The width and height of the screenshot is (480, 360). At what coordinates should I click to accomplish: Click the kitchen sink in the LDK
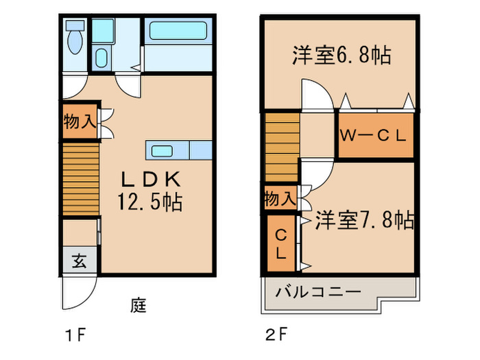pos(163,151)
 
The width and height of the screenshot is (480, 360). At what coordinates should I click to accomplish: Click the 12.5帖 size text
pos(150,203)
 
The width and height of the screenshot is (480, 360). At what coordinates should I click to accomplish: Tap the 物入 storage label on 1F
pos(80,123)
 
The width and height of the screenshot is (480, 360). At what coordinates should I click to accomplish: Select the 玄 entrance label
pos(80,261)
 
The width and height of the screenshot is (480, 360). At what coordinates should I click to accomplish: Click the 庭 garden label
pos(139,304)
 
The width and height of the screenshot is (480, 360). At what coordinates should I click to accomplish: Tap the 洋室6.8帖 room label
pos(341,56)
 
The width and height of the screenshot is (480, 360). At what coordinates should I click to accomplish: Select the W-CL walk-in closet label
pos(374,134)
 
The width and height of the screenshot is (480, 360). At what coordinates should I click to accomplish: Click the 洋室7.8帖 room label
pos(364,220)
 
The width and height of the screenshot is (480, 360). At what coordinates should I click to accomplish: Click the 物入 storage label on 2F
pos(280,200)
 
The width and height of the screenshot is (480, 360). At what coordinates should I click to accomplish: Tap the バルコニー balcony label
pos(318,292)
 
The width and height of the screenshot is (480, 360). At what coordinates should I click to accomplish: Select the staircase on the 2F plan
pos(283,146)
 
